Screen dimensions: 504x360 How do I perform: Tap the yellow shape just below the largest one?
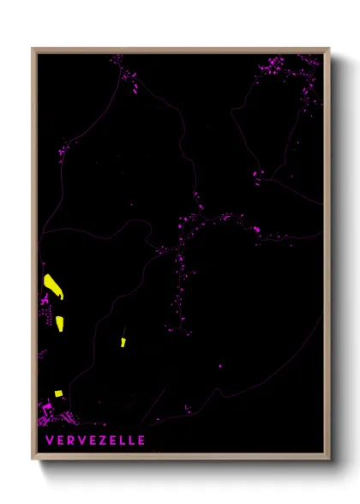[60, 323]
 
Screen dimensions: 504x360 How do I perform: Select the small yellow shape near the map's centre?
[123, 342]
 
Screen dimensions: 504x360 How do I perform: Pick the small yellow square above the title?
[58, 393]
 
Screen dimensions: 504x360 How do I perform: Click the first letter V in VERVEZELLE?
[52, 441]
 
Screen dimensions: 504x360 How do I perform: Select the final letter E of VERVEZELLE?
[141, 441]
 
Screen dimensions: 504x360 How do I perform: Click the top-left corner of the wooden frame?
[33, 49]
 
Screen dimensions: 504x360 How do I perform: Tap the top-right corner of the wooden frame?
[329, 49]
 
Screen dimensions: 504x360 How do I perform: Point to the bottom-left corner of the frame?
[33, 460]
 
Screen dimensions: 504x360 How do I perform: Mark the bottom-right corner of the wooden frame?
[329, 460]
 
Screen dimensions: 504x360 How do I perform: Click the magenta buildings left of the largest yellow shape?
[44, 300]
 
